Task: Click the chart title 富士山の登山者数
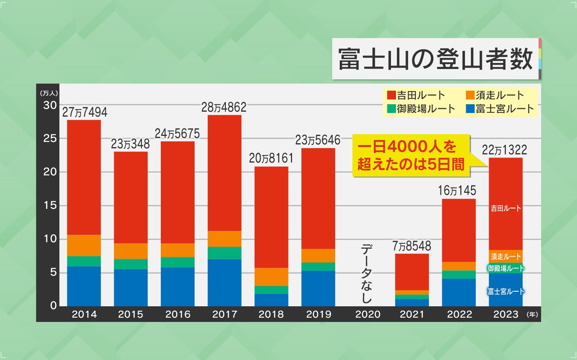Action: click(435, 59)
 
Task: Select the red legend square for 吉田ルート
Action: click(391, 95)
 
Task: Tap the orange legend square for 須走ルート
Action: click(470, 95)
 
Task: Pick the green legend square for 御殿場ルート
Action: click(391, 108)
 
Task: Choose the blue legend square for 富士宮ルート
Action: click(470, 108)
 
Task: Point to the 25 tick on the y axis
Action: click(50, 138)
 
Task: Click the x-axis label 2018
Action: click(271, 314)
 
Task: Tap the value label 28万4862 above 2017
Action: click(224, 107)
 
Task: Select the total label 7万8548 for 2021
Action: click(412, 246)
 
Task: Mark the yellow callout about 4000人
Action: click(411, 155)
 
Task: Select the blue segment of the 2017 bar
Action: click(224, 282)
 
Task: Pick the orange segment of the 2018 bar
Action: click(271, 277)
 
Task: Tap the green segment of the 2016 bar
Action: click(178, 262)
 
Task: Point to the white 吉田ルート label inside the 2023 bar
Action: click(506, 208)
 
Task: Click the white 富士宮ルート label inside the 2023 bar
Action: click(506, 292)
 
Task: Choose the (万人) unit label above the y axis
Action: click(49, 93)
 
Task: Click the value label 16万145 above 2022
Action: click(457, 191)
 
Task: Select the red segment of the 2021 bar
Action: click(412, 272)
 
